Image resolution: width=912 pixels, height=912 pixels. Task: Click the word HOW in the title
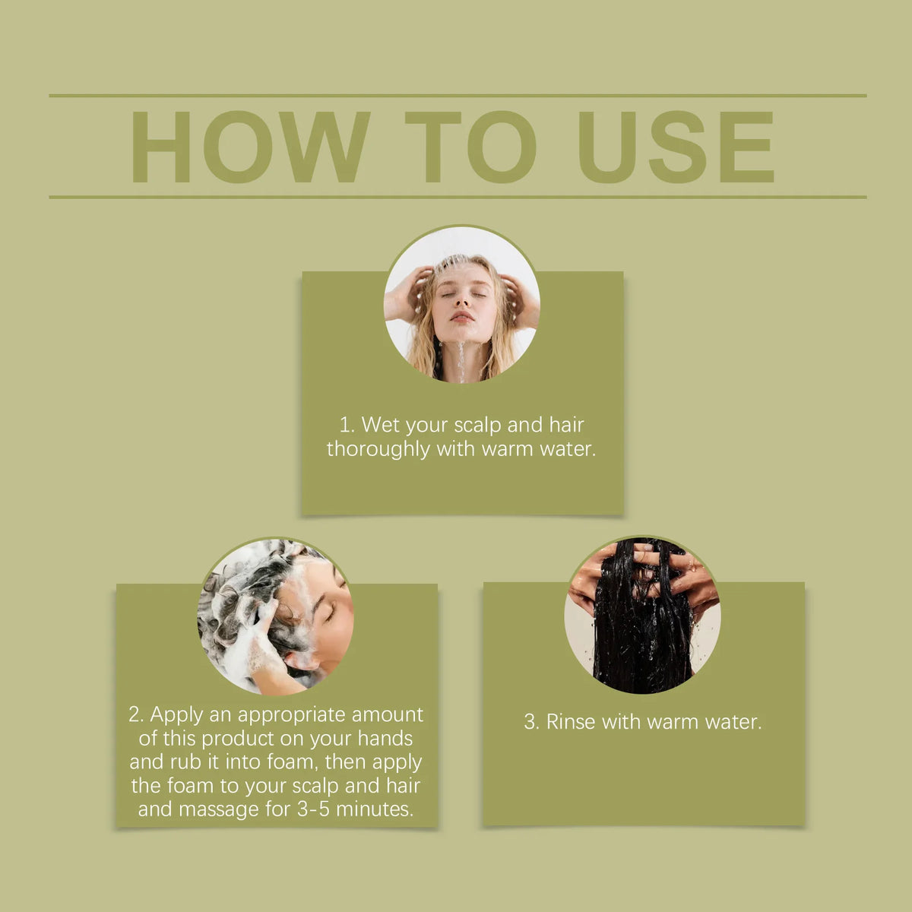click(249, 147)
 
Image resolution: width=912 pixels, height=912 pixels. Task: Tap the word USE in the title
click(676, 147)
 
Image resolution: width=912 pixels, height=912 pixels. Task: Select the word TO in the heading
click(470, 147)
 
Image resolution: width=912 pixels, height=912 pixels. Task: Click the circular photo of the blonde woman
click(461, 304)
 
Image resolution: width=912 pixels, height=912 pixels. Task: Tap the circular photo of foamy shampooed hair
click(275, 616)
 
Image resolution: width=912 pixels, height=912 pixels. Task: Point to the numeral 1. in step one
click(347, 425)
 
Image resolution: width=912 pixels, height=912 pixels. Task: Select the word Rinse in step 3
click(570, 722)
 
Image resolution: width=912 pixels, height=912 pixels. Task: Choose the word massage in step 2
click(219, 810)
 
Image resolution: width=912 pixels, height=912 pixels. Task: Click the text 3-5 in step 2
click(313, 809)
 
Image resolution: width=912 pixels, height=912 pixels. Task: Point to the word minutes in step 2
click(375, 809)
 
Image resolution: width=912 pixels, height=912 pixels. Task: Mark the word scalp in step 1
click(477, 426)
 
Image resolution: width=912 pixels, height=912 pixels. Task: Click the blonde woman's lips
click(461, 316)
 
